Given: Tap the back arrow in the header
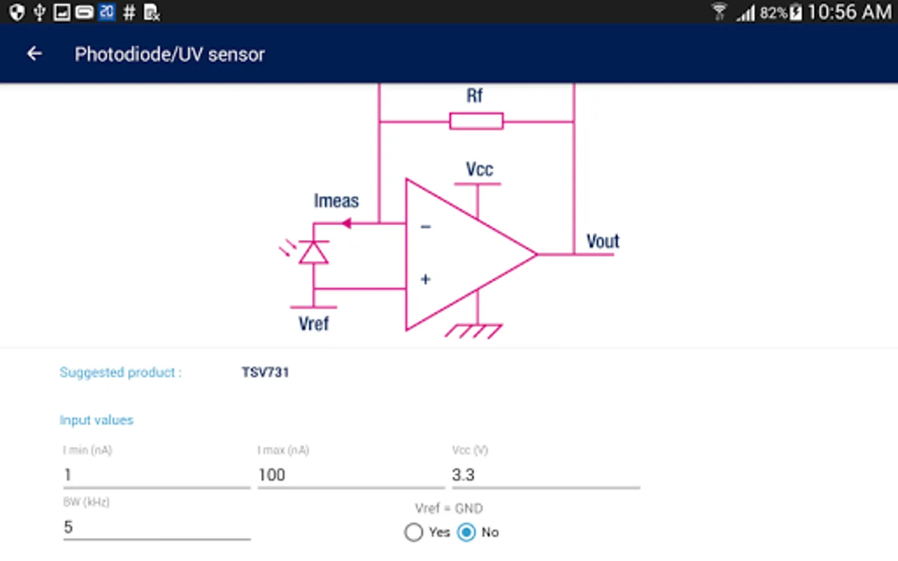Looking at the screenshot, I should pyautogui.click(x=34, y=54).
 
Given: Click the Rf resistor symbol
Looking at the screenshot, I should pyautogui.click(x=476, y=121).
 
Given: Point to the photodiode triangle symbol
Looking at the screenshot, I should pyautogui.click(x=313, y=253).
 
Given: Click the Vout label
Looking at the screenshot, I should pyautogui.click(x=602, y=241).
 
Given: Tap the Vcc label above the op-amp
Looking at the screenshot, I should pyautogui.click(x=479, y=170).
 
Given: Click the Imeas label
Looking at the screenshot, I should pyautogui.click(x=336, y=201).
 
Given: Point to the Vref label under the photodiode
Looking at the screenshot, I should pyautogui.click(x=313, y=324).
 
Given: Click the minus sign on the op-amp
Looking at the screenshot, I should pyautogui.click(x=426, y=227).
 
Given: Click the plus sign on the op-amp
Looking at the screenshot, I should pyautogui.click(x=425, y=279).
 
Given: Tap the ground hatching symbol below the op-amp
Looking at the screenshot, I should pyautogui.click(x=474, y=331).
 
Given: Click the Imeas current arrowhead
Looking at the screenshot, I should pyautogui.click(x=347, y=223).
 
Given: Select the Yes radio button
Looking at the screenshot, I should pyautogui.click(x=413, y=532).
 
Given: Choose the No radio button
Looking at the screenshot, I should pyautogui.click(x=466, y=532).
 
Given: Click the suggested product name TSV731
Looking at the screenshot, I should pyautogui.click(x=265, y=373).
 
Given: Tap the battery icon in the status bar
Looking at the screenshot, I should pyautogui.click(x=796, y=12).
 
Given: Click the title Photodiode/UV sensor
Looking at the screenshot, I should pyautogui.click(x=170, y=55).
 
